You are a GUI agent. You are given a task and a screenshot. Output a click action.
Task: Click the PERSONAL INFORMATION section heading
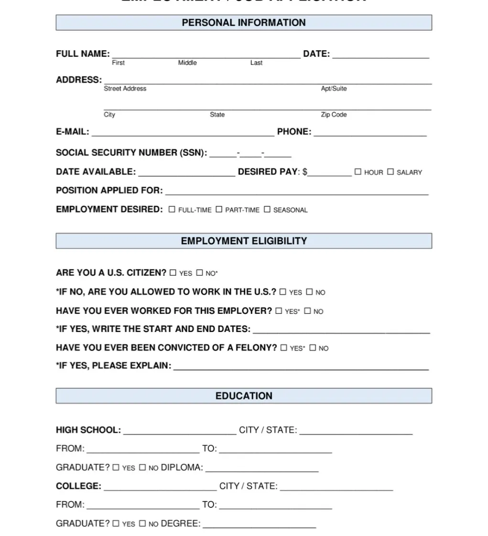(x=244, y=22)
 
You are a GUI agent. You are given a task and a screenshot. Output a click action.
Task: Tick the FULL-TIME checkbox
(x=172, y=209)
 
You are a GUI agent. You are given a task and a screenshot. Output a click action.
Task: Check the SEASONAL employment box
(x=267, y=209)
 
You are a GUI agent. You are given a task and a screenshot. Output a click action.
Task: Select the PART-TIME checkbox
(x=219, y=209)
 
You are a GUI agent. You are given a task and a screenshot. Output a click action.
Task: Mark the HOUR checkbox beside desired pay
(x=358, y=172)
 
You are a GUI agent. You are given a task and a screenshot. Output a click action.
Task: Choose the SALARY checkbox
(x=390, y=172)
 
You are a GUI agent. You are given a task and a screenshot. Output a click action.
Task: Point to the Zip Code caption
(x=334, y=115)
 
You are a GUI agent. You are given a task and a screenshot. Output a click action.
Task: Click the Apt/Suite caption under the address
(x=334, y=88)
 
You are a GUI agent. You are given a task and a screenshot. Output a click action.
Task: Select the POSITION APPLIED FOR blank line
(x=296, y=192)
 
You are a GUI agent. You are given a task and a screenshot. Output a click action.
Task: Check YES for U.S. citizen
(x=173, y=273)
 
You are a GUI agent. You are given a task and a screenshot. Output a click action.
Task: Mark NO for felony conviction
(x=313, y=348)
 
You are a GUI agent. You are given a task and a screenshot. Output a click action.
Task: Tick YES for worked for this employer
(x=279, y=311)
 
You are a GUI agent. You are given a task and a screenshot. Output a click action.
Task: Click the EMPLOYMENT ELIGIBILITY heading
(x=244, y=241)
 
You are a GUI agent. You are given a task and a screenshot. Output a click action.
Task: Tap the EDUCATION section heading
(x=244, y=396)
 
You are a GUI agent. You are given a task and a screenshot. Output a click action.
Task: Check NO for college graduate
(x=142, y=524)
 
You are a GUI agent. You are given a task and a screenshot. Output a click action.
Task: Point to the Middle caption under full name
(x=187, y=63)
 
